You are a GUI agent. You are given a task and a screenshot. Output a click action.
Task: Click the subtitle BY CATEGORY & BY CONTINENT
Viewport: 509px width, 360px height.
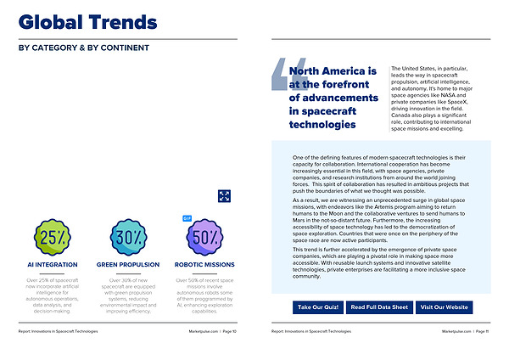[x=84, y=48]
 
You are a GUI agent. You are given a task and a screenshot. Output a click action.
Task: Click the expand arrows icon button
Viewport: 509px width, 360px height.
[x=225, y=196]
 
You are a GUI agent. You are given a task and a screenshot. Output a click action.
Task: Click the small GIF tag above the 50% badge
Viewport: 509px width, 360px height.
[x=187, y=218]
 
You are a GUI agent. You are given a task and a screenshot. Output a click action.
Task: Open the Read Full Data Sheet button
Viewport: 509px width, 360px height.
[x=380, y=307]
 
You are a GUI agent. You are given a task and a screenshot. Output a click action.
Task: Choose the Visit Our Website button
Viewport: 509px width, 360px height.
[x=445, y=307]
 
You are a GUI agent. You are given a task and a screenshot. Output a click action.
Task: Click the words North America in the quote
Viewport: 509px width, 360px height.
[x=333, y=71]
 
